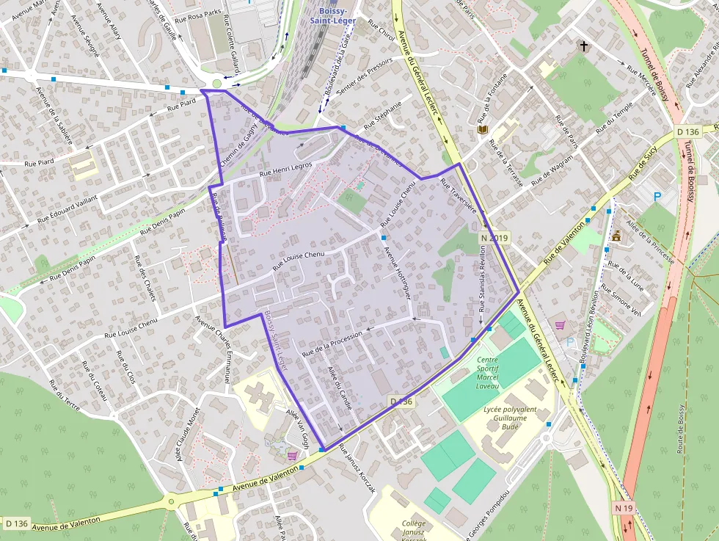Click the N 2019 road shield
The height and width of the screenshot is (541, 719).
494,238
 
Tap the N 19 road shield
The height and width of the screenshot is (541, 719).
623,508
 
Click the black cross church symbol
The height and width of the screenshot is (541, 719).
585,46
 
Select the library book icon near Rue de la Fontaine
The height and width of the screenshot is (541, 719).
483,130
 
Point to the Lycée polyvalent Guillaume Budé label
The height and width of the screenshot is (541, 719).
511,417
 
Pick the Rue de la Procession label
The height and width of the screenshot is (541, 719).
332,343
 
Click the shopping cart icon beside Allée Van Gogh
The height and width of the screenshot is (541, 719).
293,456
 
